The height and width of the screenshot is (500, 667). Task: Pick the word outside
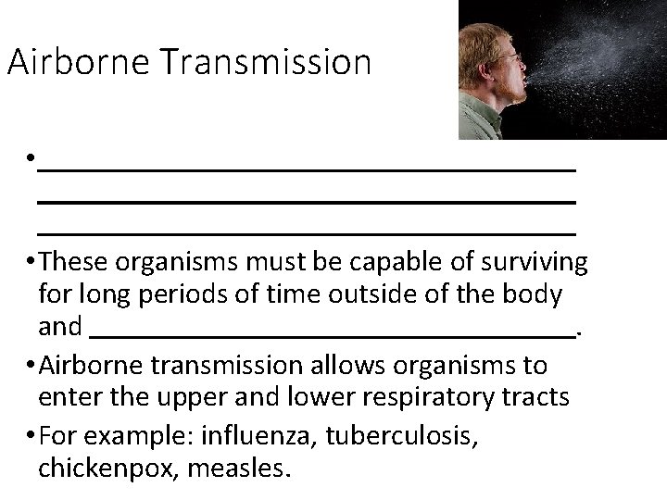(368, 295)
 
